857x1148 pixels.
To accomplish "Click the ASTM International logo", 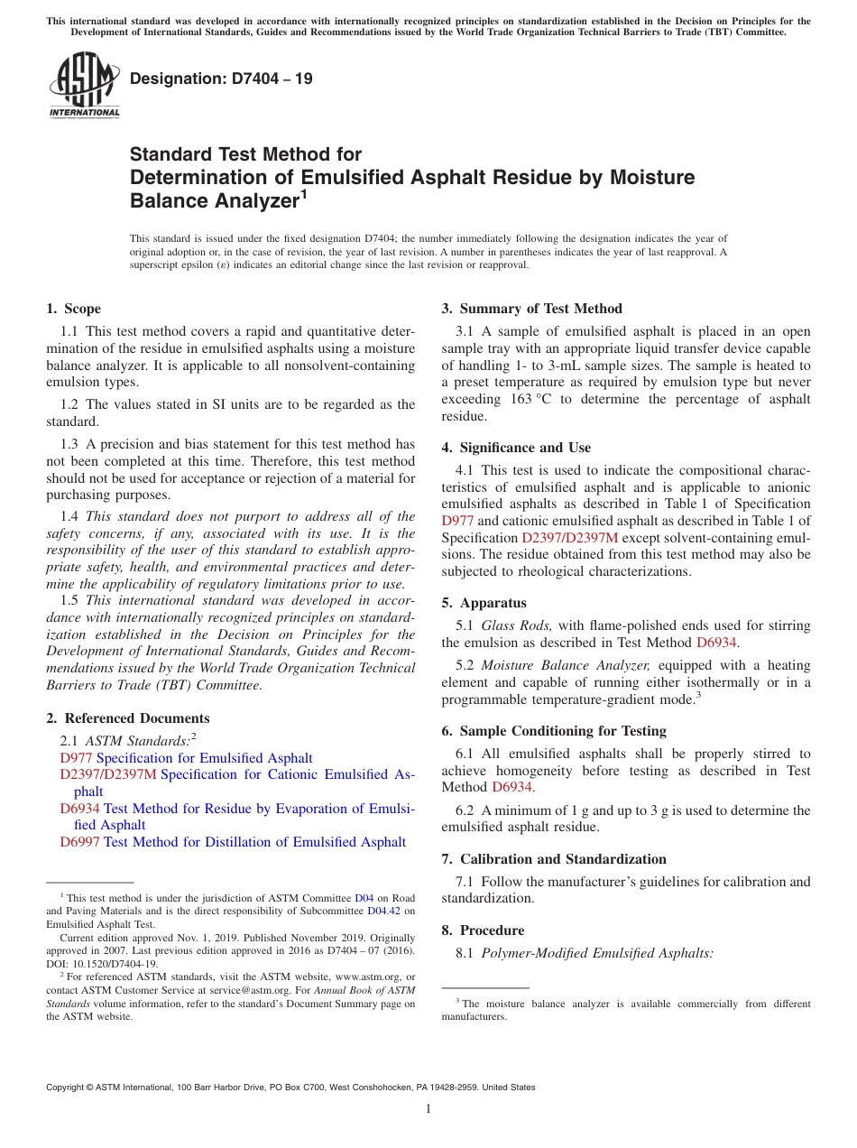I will point(83,85).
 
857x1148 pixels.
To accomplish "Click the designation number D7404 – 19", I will point(221,79).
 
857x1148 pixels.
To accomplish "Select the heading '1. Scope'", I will point(73,309).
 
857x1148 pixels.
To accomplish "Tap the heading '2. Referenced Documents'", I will point(127,718).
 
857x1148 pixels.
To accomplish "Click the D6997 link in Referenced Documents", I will point(80,842).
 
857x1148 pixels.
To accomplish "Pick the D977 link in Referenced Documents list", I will point(77,758).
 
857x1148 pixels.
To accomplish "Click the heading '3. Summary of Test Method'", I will point(531,309).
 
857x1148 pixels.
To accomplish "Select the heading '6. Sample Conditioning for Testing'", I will point(554,731).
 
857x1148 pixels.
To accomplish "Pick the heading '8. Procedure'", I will point(483,930).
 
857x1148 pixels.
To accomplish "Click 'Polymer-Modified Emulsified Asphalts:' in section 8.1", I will point(597,953).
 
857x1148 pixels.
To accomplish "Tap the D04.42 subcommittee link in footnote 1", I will point(382,911).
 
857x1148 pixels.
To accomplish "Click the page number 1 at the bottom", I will point(428,1109).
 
